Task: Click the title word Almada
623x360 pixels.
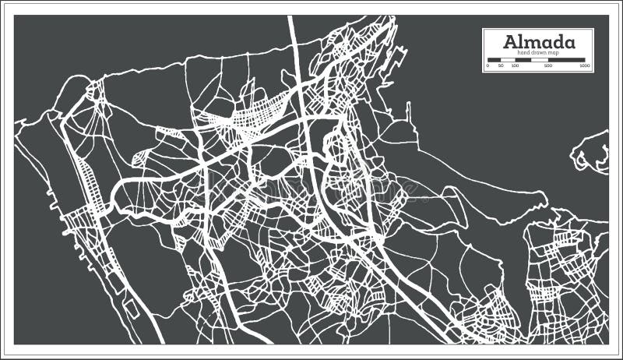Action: coord(539,41)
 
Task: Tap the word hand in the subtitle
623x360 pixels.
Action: coord(523,53)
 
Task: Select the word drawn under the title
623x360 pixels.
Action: coord(538,53)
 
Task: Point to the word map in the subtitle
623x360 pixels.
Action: coord(554,53)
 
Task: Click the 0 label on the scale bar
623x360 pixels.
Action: coord(487,66)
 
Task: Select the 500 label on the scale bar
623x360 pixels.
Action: coord(548,66)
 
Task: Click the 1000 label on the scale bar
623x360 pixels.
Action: coord(585,66)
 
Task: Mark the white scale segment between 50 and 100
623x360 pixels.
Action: coord(508,60)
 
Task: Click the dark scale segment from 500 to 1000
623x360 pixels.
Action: coord(568,60)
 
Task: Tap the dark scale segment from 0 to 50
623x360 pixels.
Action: coord(495,60)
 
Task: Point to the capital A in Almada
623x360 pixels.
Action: coord(511,41)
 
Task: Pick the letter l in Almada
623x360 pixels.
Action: coord(522,41)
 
